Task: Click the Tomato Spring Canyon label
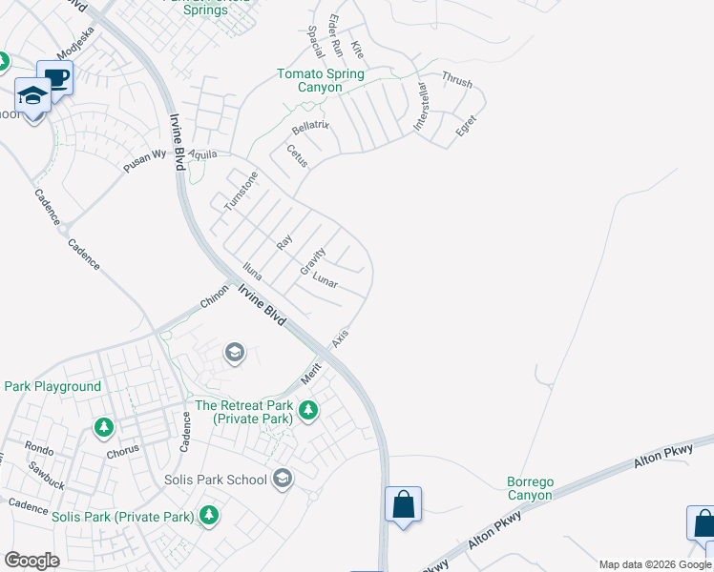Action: (x=320, y=80)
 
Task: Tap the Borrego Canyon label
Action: (x=529, y=488)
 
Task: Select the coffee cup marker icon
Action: (x=54, y=78)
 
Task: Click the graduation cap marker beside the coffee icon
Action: (x=32, y=96)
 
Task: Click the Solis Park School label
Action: (x=215, y=480)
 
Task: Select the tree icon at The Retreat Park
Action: (x=307, y=411)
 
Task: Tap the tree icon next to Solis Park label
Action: (x=209, y=516)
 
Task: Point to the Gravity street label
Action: (x=312, y=261)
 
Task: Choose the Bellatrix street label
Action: (x=310, y=128)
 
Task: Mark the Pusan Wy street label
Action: (x=144, y=161)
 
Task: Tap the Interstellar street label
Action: (x=420, y=108)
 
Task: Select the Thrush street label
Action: (x=457, y=81)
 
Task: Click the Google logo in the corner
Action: (x=31, y=561)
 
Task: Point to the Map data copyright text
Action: (x=655, y=564)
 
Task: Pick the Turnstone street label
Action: (x=241, y=191)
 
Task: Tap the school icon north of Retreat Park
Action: (x=234, y=354)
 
